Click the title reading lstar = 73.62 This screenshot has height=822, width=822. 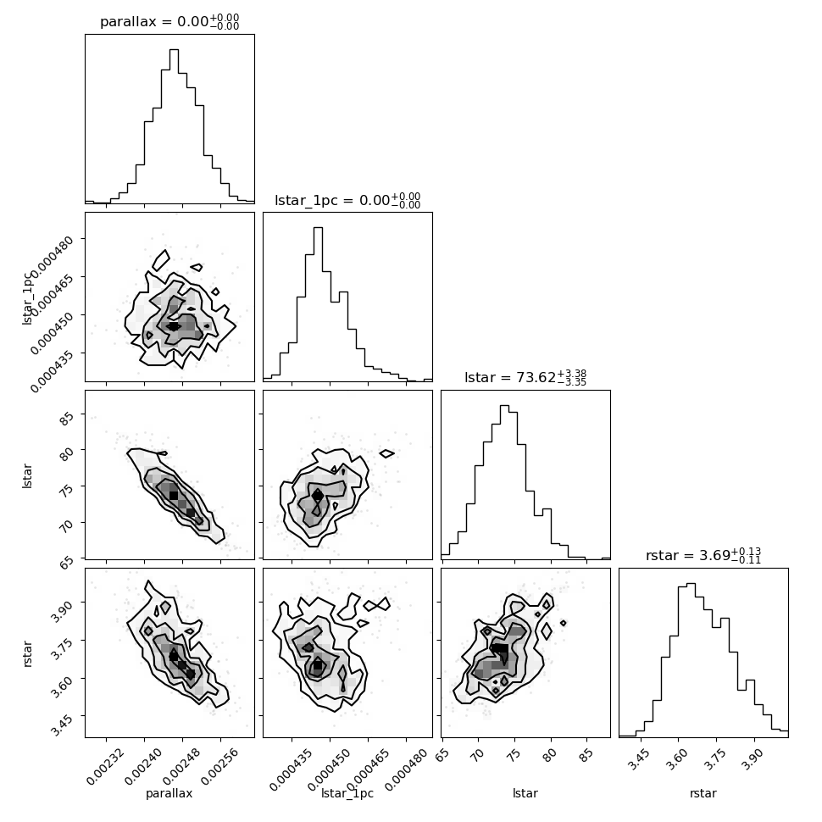point(525,377)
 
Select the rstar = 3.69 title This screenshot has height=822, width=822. point(703,555)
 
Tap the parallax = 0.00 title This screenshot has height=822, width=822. point(169,22)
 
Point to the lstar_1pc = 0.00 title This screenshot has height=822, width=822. point(347,200)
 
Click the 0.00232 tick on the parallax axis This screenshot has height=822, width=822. point(105,766)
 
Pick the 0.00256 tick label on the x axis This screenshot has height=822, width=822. point(219,766)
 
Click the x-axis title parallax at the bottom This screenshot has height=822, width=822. point(169,793)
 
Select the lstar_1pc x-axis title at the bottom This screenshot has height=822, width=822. point(347,793)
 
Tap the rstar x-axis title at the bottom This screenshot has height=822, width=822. point(703,793)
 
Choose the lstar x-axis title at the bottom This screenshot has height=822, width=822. point(525,793)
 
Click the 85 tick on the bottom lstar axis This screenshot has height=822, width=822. point(586,754)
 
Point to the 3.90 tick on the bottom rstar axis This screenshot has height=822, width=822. point(753,759)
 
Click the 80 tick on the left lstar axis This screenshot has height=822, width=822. point(67,454)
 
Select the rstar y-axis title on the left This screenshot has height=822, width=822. point(28,653)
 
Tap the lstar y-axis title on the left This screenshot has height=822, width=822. point(27,475)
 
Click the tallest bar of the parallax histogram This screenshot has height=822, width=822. point(174,126)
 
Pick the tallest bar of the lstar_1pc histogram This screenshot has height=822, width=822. point(318,304)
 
